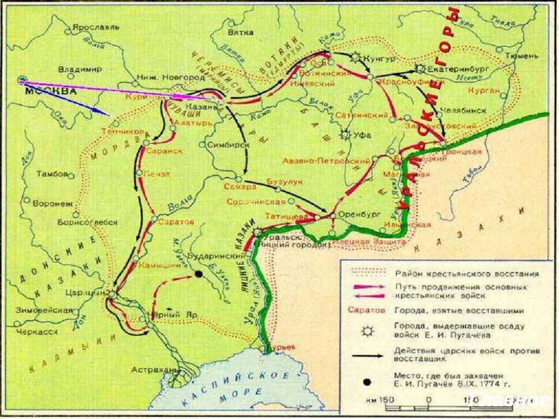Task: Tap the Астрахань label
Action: [158, 370]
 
